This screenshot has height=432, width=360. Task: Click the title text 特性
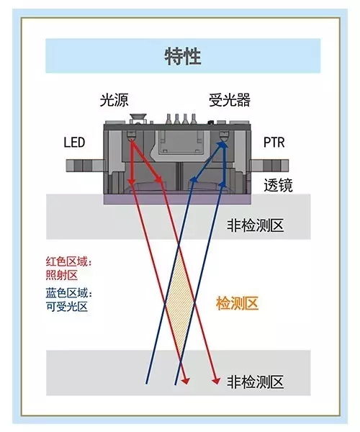tap(183, 56)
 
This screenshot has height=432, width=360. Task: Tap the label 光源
tap(114, 100)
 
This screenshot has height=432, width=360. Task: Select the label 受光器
tap(230, 100)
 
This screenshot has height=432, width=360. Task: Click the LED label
tap(74, 143)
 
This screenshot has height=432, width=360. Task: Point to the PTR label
tap(274, 143)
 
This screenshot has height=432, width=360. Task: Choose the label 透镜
tap(278, 185)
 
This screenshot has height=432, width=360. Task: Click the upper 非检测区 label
tap(256, 225)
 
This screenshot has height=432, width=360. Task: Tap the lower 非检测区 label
tap(256, 382)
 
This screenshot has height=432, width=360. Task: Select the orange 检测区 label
tap(237, 304)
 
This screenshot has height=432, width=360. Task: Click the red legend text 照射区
tap(62, 275)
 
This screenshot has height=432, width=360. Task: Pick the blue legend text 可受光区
tap(67, 307)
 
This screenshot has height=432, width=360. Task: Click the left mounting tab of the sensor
tap(85, 166)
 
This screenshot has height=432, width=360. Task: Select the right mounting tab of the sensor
tap(269, 166)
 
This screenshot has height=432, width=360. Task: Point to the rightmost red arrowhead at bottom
tap(216, 381)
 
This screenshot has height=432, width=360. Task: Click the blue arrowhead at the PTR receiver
tap(223, 145)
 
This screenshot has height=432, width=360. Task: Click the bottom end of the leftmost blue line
tap(146, 384)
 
